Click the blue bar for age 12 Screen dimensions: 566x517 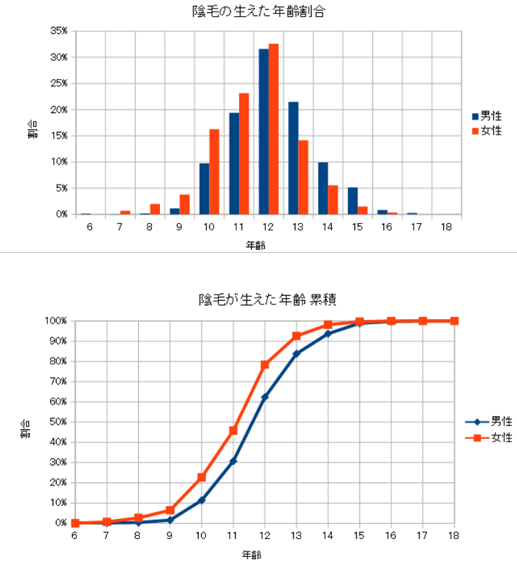[263, 132]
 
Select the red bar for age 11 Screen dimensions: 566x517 [244, 154]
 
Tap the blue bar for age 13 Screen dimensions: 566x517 [293, 158]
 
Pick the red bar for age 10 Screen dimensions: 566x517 [214, 171]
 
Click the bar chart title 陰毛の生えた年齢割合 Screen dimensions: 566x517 [257, 12]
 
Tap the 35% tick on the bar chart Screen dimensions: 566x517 [59, 31]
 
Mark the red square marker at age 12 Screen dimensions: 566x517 [264, 365]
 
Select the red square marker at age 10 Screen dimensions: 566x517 [201, 478]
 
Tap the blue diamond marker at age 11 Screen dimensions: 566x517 [233, 461]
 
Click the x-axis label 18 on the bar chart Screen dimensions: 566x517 [446, 227]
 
